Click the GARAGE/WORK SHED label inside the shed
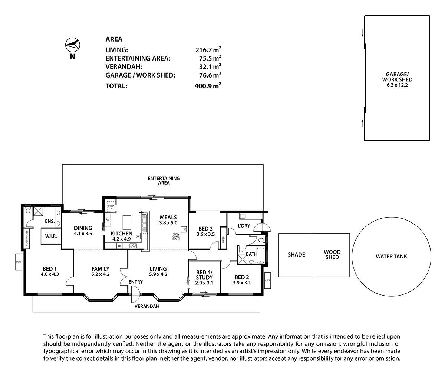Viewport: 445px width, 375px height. [397, 79]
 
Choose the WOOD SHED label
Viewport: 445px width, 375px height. [332, 255]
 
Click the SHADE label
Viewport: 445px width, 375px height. [296, 255]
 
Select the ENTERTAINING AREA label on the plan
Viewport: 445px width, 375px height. [164, 180]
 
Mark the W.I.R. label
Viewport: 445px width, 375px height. [51, 236]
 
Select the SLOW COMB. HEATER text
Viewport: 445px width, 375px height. [176, 237]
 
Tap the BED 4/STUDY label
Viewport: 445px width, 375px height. [204, 275]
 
